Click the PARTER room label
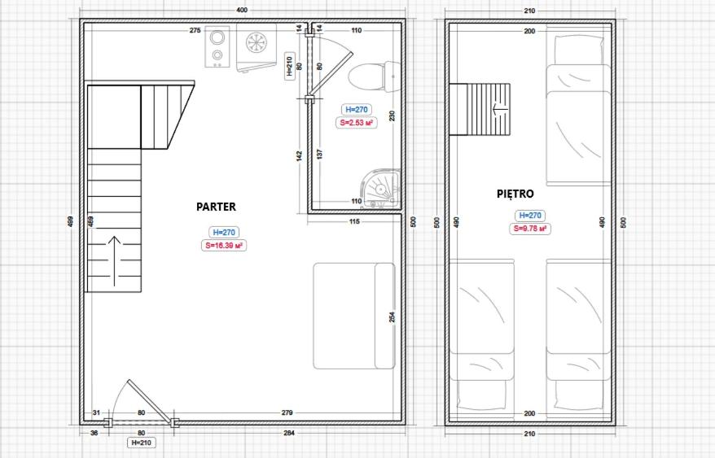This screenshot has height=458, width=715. tap(216, 207)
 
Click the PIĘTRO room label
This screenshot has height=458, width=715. tap(515, 194)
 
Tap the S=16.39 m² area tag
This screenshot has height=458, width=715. tap(223, 246)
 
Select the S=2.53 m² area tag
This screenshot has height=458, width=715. tap(356, 123)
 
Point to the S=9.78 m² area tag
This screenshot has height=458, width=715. tap(530, 229)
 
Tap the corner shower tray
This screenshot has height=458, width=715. tap(381, 189)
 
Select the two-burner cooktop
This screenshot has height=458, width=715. tap(217, 47)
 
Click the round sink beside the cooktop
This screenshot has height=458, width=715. tap(257, 43)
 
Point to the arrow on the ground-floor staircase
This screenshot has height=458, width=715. tap(114, 262)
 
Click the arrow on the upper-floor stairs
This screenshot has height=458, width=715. tap(499, 109)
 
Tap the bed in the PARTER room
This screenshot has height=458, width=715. tap(354, 316)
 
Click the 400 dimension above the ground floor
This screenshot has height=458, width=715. tap(242, 11)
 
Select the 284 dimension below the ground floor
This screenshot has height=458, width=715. tap(289, 433)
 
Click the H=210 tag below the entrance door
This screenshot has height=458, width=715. tap(142, 443)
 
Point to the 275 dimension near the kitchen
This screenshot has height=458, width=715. tap(195, 31)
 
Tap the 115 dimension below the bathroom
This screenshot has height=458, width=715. tap(354, 221)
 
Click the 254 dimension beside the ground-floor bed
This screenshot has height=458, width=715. tap(393, 317)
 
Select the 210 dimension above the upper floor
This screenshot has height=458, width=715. tap(529, 11)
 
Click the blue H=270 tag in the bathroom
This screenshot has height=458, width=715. tap(356, 110)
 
